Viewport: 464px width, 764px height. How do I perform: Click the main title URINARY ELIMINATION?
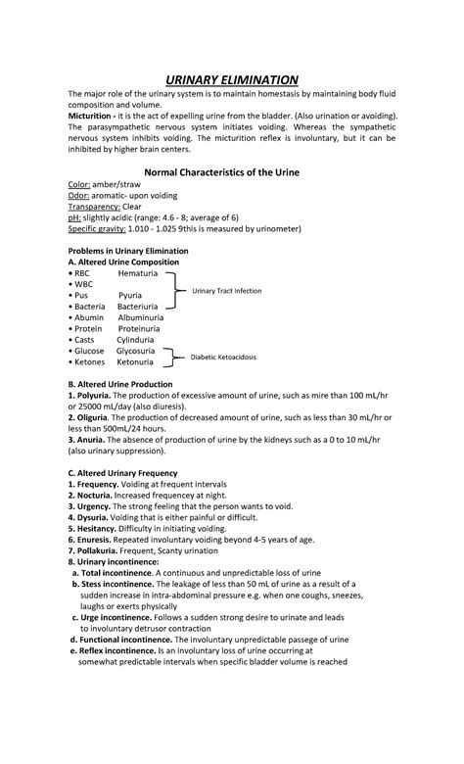pos(231,79)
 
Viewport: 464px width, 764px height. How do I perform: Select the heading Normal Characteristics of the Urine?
pos(231,172)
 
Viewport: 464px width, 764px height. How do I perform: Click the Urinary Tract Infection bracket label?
pos(226,291)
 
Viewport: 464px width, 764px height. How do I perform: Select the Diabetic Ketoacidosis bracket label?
pos(223,358)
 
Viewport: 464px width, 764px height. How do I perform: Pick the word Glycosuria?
pos(140,350)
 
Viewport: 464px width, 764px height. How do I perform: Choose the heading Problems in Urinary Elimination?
pos(127,251)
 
